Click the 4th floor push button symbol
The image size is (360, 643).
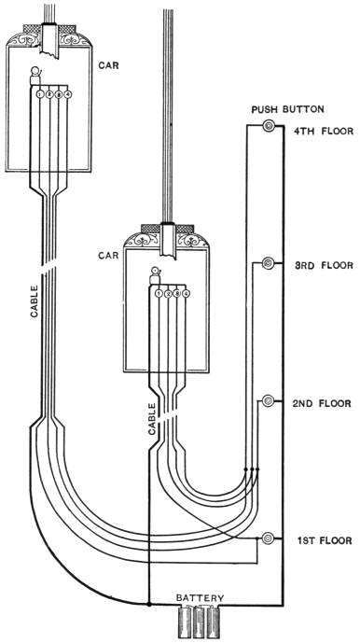point(269,126)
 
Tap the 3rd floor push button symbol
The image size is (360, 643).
point(268,262)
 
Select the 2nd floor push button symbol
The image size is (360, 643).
point(268,400)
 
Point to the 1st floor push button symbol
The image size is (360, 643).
point(268,538)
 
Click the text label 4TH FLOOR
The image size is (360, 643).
point(324,132)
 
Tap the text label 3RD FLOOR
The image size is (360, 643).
point(324,265)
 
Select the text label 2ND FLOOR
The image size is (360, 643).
point(322,403)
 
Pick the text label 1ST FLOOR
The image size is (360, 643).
point(325,540)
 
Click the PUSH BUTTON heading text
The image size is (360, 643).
point(287,109)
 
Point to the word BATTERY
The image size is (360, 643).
point(201,598)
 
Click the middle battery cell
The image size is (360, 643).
point(200,622)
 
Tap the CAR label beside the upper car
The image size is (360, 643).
point(108,65)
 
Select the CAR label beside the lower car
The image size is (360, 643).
point(108,255)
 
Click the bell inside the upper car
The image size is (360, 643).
point(36,75)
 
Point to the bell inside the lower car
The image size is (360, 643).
point(155,275)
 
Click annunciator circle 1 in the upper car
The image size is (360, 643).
point(40,94)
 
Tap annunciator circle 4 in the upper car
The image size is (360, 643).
point(68,94)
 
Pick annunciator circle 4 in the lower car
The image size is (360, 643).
point(187,294)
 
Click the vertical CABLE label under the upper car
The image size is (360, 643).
point(35,301)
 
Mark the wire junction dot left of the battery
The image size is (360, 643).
point(149,604)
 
